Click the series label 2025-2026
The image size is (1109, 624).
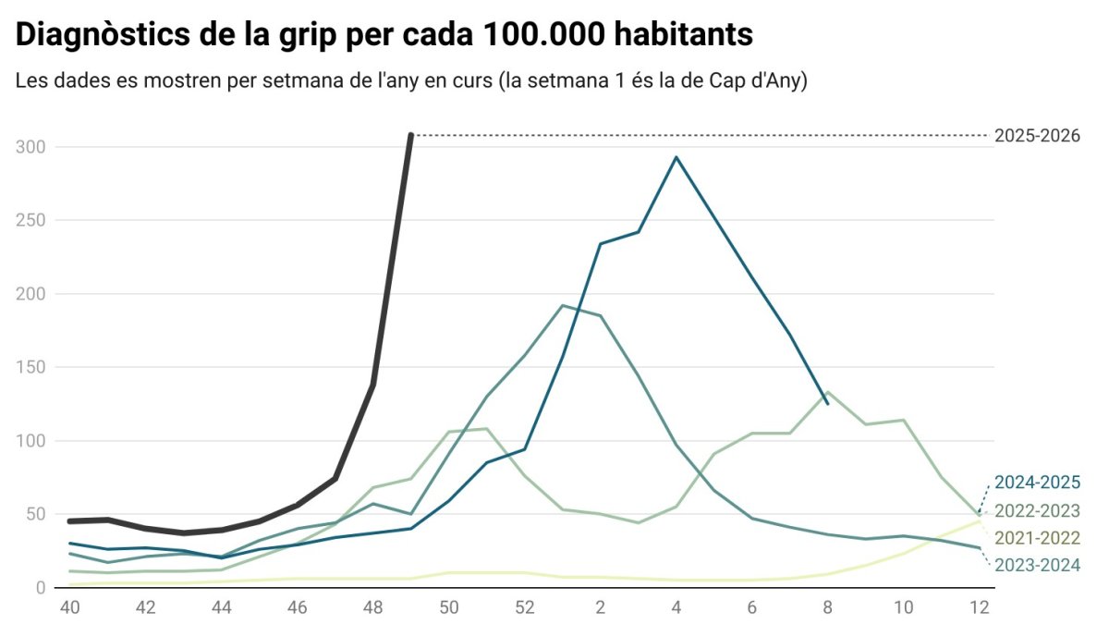pos(1036,136)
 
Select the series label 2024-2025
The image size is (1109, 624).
pos(1036,483)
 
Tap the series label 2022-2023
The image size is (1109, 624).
pos(1036,511)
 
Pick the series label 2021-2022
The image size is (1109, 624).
pos(1036,537)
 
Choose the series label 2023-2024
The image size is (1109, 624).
pos(1036,564)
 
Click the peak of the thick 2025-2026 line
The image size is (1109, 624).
pos(410,135)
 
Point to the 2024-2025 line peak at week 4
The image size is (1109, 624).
pos(676,157)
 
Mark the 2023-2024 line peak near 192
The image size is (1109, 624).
pos(563,305)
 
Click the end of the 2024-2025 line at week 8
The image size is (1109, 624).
pos(827,404)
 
